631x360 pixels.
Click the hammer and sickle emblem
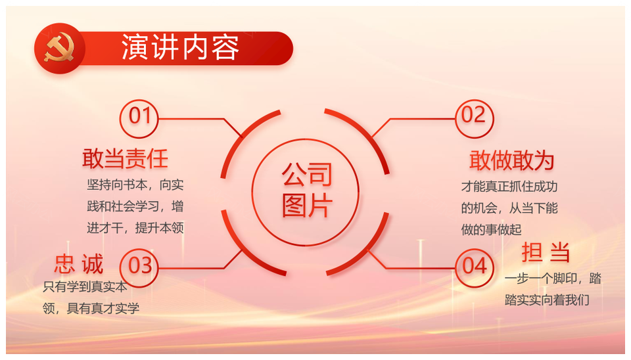click(59, 48)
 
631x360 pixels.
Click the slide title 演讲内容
click(181, 47)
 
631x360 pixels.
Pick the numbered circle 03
click(139, 267)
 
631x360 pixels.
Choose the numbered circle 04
click(474, 267)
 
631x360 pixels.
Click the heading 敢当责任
click(125, 158)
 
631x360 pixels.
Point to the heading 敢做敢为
click(512, 160)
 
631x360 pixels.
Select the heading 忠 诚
click(79, 264)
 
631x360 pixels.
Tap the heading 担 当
click(546, 253)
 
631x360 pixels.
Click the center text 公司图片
click(307, 190)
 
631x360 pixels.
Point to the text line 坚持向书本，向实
click(135, 185)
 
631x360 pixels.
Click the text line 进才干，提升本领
click(135, 228)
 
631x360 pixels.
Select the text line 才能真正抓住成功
click(509, 186)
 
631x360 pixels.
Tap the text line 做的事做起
click(492, 230)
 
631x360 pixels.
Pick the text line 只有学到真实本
click(85, 287)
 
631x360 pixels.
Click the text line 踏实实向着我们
click(547, 300)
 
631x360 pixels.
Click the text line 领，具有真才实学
click(91, 309)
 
